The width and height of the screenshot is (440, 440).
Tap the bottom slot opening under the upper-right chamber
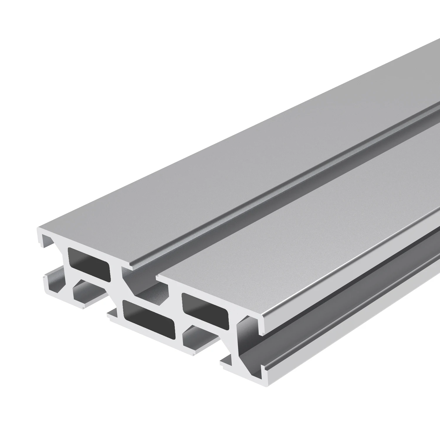(199, 337)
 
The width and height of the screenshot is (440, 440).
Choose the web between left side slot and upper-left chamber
(63, 258)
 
